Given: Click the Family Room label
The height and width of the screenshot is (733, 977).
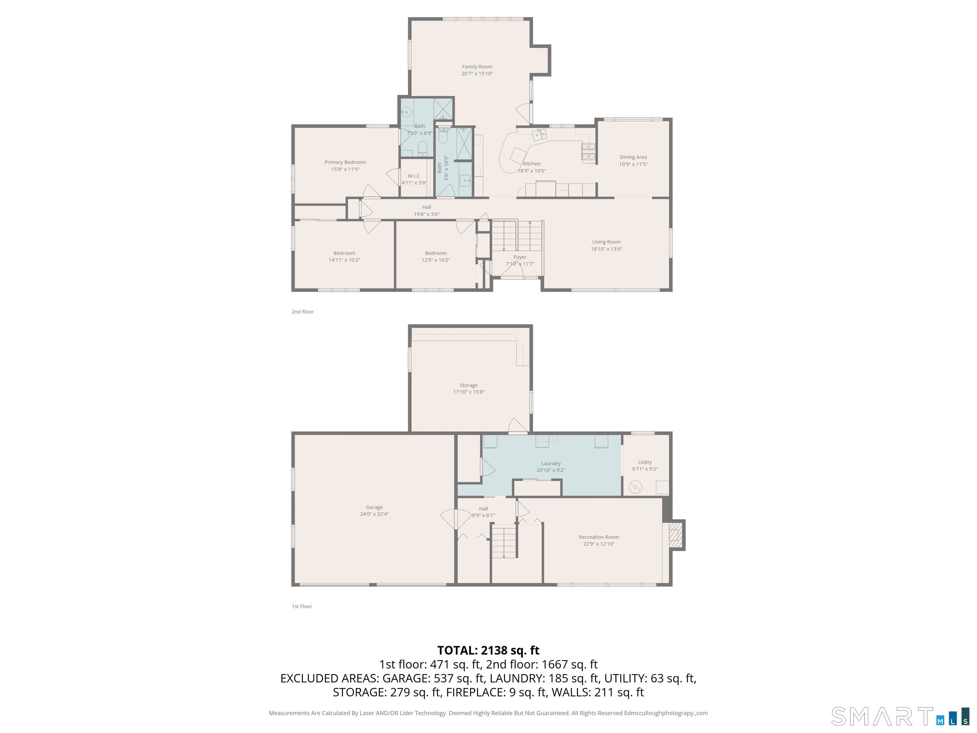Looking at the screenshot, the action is pos(477,67).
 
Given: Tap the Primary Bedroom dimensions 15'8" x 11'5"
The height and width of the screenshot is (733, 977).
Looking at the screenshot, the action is pos(345,169).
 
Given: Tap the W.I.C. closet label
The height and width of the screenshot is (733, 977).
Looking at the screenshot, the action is pos(414,176).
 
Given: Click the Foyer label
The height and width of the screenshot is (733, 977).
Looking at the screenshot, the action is pos(520,257).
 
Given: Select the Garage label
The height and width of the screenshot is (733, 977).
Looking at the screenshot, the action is pos(374,507).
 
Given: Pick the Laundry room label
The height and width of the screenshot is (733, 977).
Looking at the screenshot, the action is pos(551,464).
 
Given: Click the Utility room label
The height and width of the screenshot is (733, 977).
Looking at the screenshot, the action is pos(645,462).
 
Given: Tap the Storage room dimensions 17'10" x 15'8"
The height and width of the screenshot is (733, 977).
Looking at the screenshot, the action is pos(469,392).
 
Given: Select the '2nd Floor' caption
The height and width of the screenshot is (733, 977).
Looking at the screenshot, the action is pos(302,311).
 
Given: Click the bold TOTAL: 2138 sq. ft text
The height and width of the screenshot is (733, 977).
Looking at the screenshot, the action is pos(488,650).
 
